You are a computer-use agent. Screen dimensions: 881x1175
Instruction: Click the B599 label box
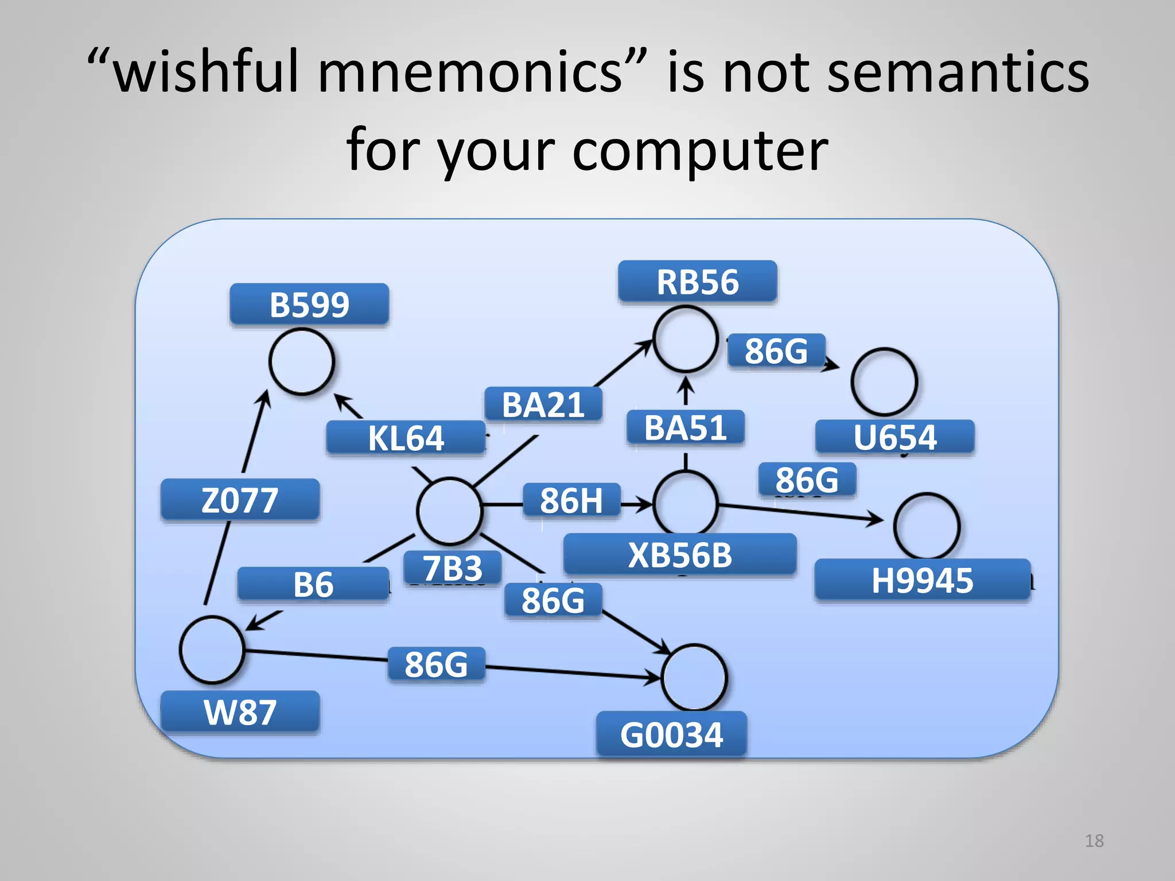tap(309, 305)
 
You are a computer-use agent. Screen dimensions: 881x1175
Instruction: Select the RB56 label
tap(697, 282)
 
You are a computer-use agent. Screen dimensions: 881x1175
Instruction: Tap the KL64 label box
tap(406, 438)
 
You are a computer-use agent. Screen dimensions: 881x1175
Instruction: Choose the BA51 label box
tap(686, 428)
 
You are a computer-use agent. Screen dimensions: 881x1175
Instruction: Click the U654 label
tap(894, 437)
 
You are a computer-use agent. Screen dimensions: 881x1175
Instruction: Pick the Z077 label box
tap(240, 500)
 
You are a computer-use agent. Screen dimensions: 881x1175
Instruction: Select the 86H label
tap(571, 500)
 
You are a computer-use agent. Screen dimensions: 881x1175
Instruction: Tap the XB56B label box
tap(680, 555)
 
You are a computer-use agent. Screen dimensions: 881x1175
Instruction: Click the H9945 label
tap(922, 580)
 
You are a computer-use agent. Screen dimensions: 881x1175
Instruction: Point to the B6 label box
tap(313, 584)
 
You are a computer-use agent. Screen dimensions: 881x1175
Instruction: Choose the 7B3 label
tap(453, 568)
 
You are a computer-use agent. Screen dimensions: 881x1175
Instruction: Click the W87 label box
tap(240, 712)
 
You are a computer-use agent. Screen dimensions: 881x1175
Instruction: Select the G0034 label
tap(671, 735)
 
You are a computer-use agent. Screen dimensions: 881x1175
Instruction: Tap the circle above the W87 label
tap(212, 649)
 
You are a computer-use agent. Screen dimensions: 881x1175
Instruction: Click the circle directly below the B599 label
tap(302, 362)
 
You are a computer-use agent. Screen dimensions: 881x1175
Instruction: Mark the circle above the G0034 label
tap(694, 677)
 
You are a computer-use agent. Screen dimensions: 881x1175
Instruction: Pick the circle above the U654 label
tap(884, 381)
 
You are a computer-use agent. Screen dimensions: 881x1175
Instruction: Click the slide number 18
tap(1094, 841)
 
